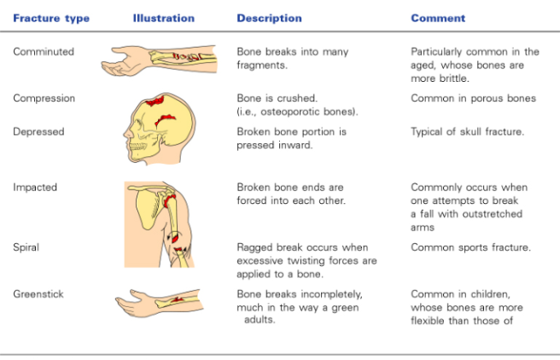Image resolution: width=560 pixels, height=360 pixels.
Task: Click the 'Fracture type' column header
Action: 51,18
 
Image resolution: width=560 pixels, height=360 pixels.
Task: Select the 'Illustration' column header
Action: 164,18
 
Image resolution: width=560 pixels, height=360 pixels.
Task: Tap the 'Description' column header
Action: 269,18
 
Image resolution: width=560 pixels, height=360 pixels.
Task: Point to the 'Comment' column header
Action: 438,18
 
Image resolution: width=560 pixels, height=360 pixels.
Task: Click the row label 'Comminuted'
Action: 44,51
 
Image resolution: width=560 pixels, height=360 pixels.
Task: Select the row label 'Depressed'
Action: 38,131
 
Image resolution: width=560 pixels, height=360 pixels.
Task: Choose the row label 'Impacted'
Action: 36,187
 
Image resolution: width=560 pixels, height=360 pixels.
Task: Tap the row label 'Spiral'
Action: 26,247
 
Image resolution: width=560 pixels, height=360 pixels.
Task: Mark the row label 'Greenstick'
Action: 38,294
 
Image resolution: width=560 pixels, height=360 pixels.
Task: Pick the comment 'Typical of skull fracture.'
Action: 467,131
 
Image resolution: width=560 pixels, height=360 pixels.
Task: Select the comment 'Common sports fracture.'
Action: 470,247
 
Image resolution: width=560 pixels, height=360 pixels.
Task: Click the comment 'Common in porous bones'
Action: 473,98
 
